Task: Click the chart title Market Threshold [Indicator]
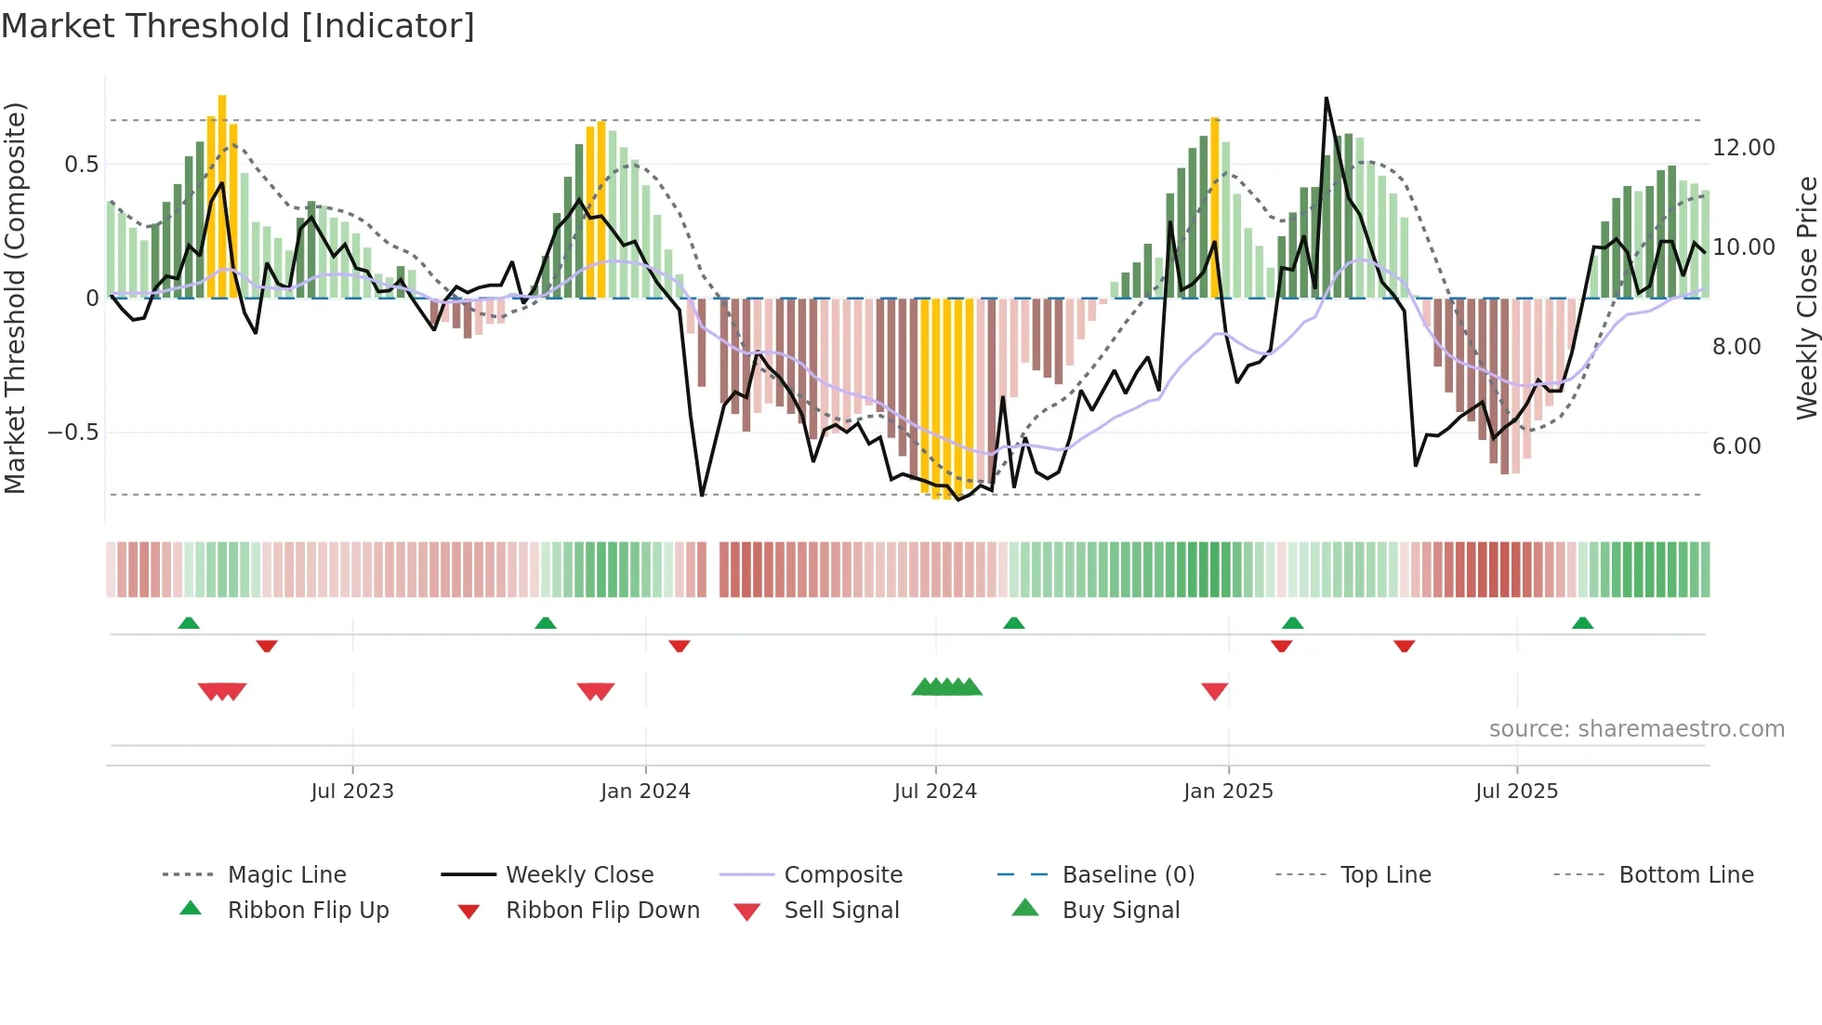(238, 26)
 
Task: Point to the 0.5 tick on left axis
(82, 165)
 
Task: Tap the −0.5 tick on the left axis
(73, 433)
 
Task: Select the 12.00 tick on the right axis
(1743, 148)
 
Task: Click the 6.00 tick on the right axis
(1736, 446)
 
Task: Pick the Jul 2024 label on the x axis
(935, 792)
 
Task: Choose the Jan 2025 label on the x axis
(1228, 792)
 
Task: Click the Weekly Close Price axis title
(1805, 298)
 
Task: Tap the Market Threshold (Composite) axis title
(15, 298)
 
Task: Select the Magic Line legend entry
(286, 875)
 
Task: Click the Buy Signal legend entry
(1120, 911)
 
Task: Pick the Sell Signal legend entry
(841, 911)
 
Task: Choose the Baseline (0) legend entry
(1128, 875)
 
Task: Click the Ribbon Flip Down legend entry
(602, 911)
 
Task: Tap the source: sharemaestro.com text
(1636, 729)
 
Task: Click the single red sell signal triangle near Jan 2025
(1215, 690)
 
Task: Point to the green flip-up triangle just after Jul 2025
(1582, 623)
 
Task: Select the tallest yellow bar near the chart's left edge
(222, 195)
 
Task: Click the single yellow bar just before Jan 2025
(1215, 206)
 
